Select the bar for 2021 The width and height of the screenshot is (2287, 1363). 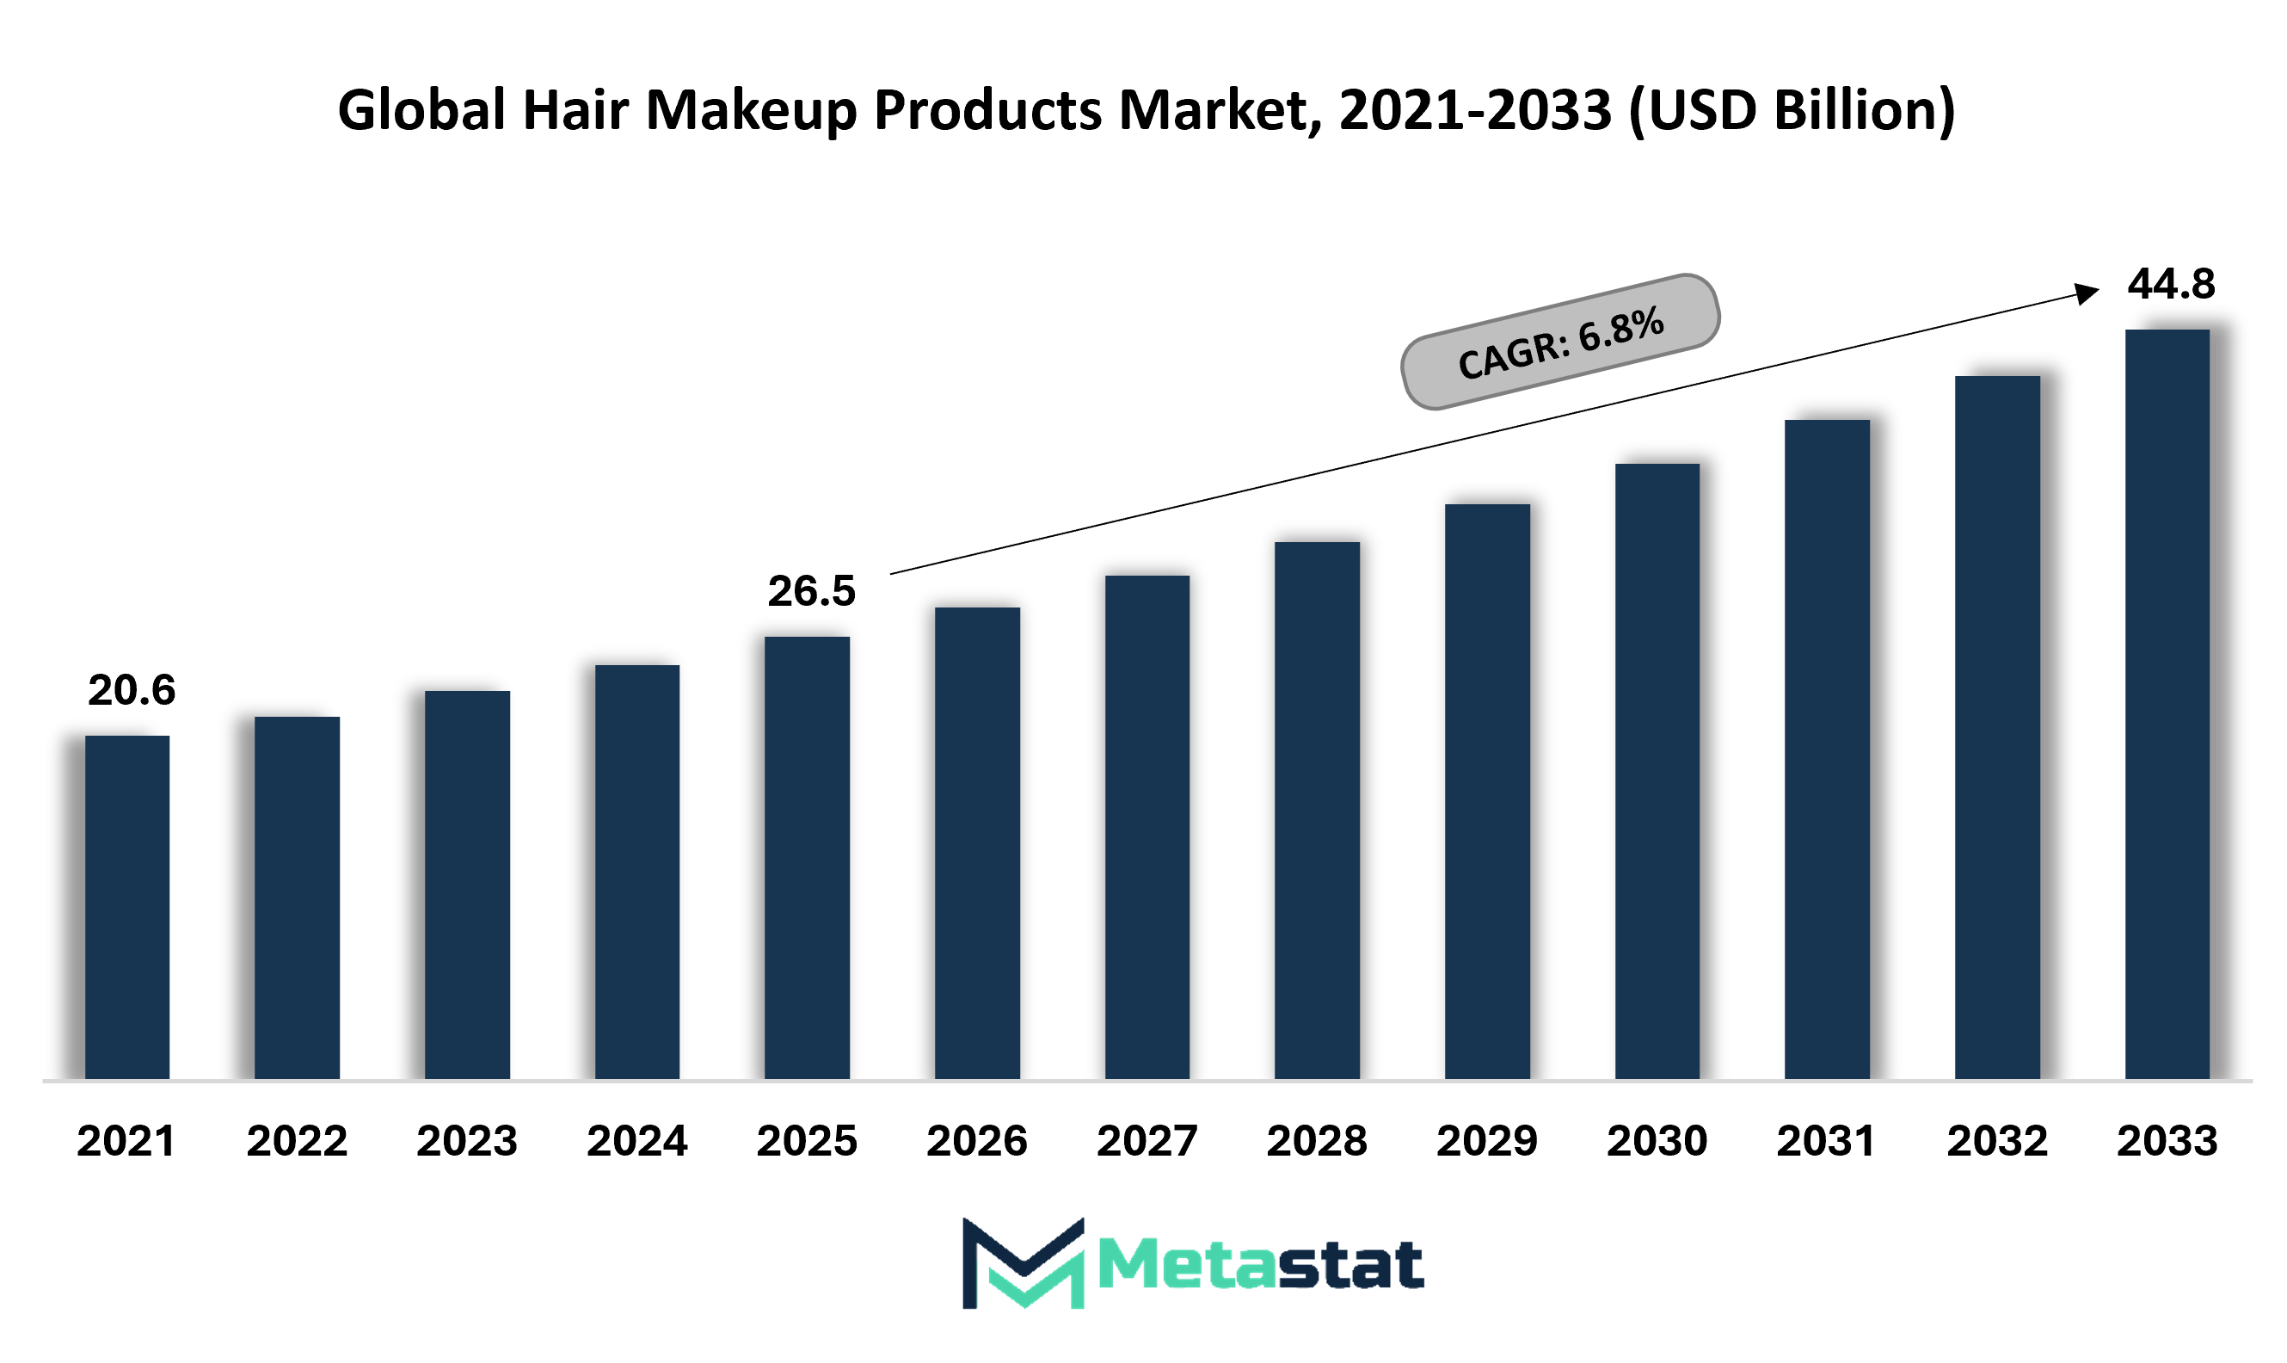[126, 908]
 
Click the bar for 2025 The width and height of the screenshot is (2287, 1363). [807, 858]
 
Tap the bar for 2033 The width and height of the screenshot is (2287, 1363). [2167, 705]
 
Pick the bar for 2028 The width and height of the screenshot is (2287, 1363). [1317, 810]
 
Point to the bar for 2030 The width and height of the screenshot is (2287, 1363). [1657, 772]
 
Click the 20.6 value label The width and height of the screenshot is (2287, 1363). [132, 691]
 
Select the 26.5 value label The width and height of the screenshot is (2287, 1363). [812, 591]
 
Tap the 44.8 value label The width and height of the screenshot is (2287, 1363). [2172, 285]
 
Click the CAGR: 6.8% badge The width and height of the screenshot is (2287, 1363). [1560, 342]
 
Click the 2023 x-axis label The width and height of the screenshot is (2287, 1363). [467, 1142]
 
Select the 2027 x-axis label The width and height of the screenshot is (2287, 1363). [1147, 1142]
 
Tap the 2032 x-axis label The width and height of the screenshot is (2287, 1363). [1997, 1142]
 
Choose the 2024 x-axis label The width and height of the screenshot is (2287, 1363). [637, 1142]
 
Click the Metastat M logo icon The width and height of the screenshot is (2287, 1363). [1023, 1263]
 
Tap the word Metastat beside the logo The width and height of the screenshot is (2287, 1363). [1261, 1266]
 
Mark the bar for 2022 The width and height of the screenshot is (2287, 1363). [297, 897]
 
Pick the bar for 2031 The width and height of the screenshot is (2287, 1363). [1827, 749]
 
